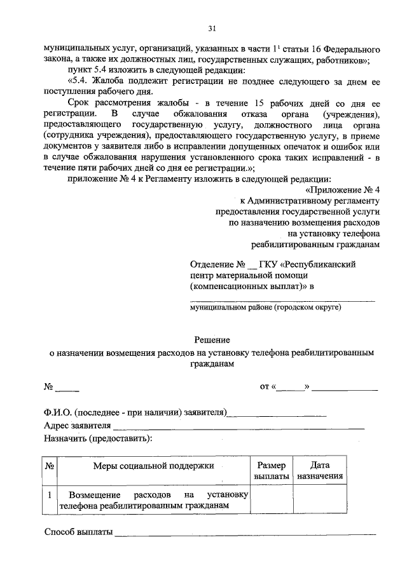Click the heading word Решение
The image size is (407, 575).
(x=212, y=341)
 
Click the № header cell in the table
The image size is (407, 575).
(x=50, y=467)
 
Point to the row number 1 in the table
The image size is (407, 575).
(x=50, y=494)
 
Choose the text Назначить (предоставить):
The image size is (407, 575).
(x=98, y=438)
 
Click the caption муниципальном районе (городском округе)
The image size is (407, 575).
(x=265, y=307)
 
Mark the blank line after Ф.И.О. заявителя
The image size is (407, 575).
(x=277, y=412)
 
